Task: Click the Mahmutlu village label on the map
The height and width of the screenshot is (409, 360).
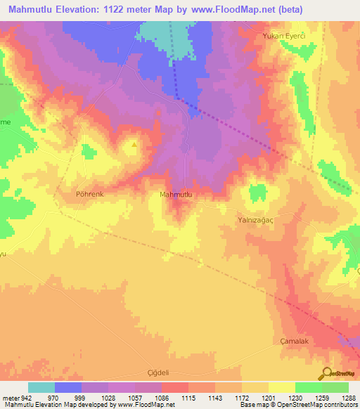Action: click(x=175, y=195)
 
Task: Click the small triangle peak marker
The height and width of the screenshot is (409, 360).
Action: click(x=134, y=145)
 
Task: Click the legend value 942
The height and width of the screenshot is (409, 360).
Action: click(x=26, y=398)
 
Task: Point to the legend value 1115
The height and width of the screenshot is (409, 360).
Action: click(x=189, y=398)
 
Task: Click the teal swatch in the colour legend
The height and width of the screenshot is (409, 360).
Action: click(x=41, y=387)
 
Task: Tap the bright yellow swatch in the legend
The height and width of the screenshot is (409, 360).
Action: click(x=281, y=387)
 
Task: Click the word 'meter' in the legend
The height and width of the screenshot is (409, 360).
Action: click(x=10, y=398)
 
